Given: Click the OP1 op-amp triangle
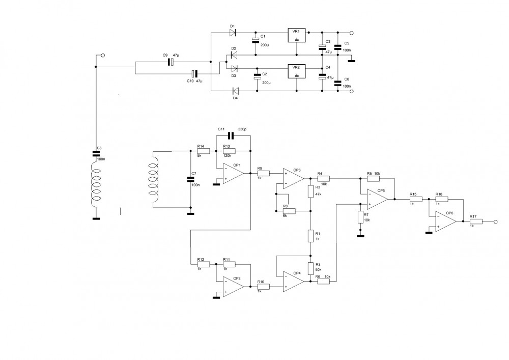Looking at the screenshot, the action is pos(233,173).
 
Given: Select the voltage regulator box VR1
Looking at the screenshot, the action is pos(297,35).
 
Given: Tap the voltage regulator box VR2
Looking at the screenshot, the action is pos(297,71).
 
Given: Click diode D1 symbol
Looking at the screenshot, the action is pos(233,33).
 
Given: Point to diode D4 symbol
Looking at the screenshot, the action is pos(235,91).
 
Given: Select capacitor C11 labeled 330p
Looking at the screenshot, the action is pos(231,135).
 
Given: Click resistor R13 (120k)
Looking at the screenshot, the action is pos(229,151).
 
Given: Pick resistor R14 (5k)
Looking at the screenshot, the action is pos(203,151).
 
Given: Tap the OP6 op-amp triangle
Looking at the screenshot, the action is pos(446,221).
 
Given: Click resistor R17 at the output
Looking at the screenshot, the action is pos(476,221).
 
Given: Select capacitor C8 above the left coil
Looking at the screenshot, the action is pos(96,154).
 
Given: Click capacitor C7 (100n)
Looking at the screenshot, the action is pos(190,179).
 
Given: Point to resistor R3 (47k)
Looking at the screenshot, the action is pos(310,191).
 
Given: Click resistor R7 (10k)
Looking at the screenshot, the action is pos(360,217).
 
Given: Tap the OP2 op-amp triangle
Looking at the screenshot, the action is pos(233,287).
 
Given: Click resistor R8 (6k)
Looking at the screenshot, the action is pos(289,211).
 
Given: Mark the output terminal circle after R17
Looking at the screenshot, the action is pos(495,221).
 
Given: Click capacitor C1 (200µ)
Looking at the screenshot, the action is pos(256,40).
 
